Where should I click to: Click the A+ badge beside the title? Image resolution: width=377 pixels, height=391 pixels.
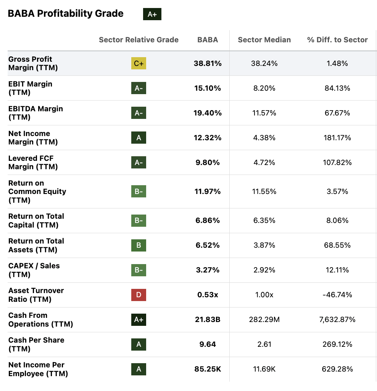pos(152,14)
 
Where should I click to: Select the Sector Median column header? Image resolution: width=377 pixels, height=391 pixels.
pos(264,40)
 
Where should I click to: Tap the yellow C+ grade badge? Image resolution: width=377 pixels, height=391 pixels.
pos(139,64)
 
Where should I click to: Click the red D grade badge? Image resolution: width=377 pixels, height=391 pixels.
pos(139,295)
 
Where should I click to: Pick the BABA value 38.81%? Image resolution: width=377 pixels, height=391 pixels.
pos(208,64)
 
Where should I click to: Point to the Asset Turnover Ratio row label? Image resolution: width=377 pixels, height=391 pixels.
pos(36,295)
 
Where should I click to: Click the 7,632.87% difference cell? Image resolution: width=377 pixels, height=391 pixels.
pos(337,319)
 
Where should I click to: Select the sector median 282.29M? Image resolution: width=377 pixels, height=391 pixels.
pos(264,319)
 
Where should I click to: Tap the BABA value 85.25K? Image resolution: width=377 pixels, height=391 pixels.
pos(208,369)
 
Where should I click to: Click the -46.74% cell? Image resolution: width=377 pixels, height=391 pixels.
pos(337,295)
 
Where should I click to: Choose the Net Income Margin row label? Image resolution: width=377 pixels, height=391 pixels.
pos(33,138)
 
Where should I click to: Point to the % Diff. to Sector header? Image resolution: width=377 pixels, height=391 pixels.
pos(337,40)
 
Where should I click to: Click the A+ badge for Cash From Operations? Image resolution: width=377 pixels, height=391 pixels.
pos(139,319)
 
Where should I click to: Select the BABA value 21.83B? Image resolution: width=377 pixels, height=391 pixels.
pos(208,319)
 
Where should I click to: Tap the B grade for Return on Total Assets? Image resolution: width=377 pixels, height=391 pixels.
pos(139,245)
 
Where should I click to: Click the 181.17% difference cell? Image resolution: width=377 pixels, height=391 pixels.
pos(337,138)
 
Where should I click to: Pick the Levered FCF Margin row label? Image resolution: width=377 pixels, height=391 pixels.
pos(33,162)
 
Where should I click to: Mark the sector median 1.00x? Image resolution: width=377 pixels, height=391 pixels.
pos(264,295)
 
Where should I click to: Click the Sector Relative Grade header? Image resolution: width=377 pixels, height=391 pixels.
pos(139,40)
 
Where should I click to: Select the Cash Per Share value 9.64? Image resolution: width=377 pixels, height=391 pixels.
pos(208,344)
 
